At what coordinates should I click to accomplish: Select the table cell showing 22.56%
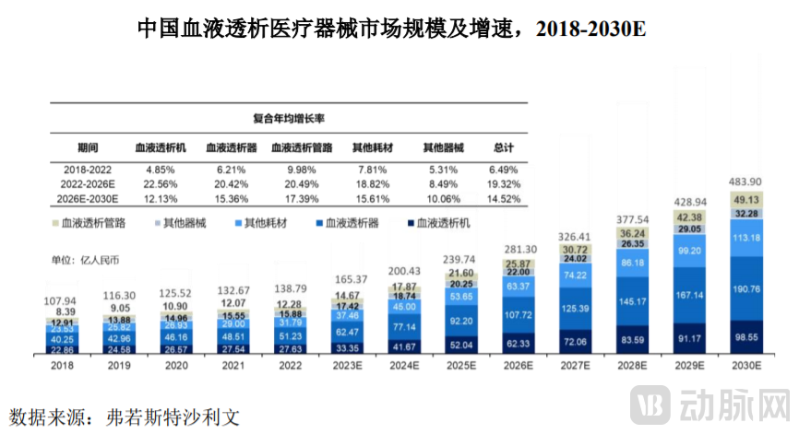tap(159, 183)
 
